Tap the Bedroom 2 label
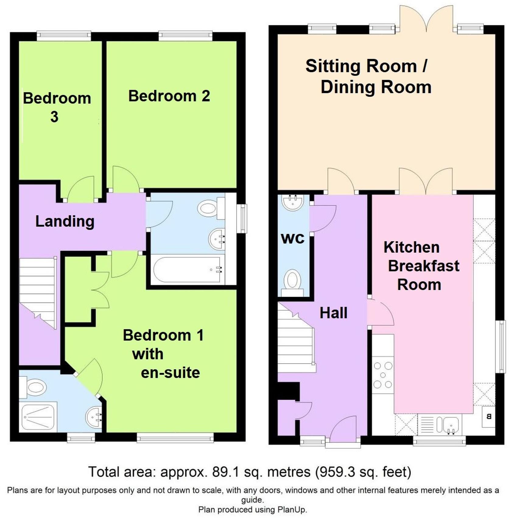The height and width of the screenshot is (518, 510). click(169, 96)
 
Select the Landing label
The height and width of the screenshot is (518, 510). click(65, 221)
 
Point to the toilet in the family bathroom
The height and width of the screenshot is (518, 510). click(210, 208)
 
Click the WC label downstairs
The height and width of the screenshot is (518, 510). click(293, 238)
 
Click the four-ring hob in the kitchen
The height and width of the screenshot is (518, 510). click(383, 375)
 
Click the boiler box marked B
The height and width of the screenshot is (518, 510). click(489, 416)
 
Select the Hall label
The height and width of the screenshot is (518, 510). click(333, 313)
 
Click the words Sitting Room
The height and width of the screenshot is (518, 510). click(361, 66)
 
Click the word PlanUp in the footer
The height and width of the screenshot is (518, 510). click(291, 510)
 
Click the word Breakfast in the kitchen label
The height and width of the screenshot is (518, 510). click(424, 266)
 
